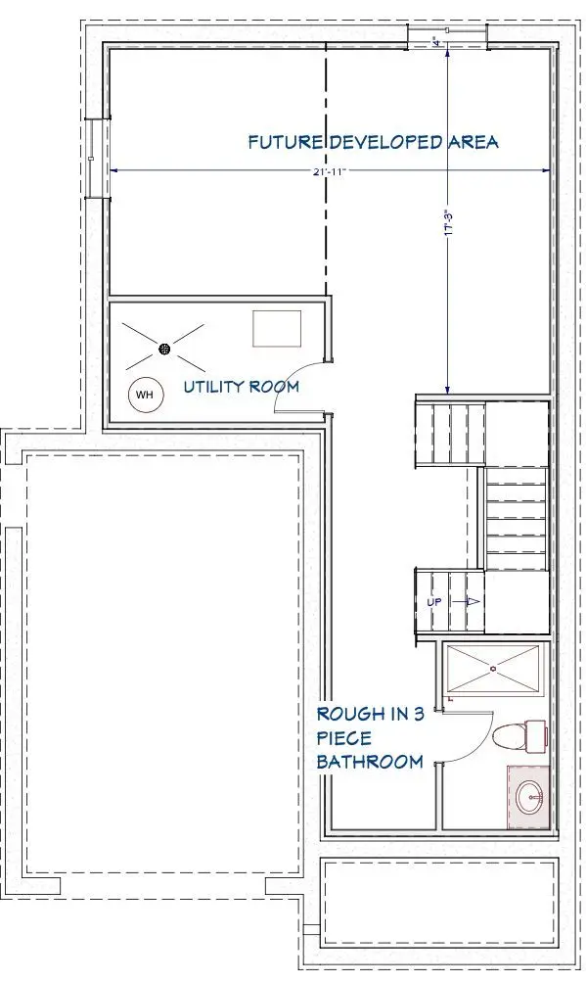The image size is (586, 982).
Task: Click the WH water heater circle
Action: [145, 395]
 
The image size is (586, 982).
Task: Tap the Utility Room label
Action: [242, 387]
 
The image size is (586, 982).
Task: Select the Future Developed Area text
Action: [373, 143]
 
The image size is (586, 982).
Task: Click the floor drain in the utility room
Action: [164, 348]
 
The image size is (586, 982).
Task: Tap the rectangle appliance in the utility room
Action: [277, 328]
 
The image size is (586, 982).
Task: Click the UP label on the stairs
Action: [436, 601]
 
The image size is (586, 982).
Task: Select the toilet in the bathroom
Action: [518, 734]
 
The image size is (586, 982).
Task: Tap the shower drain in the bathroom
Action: [493, 669]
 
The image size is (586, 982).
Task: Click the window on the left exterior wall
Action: [90, 159]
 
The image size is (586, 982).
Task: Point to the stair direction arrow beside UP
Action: [473, 601]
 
